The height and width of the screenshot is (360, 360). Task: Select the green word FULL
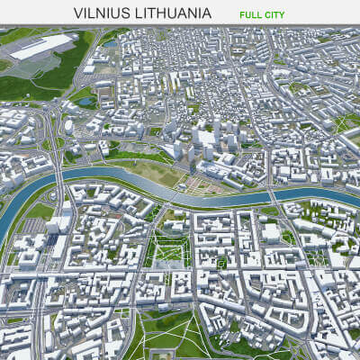(x=253, y=15)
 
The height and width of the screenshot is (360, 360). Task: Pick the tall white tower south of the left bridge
(x=67, y=216)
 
